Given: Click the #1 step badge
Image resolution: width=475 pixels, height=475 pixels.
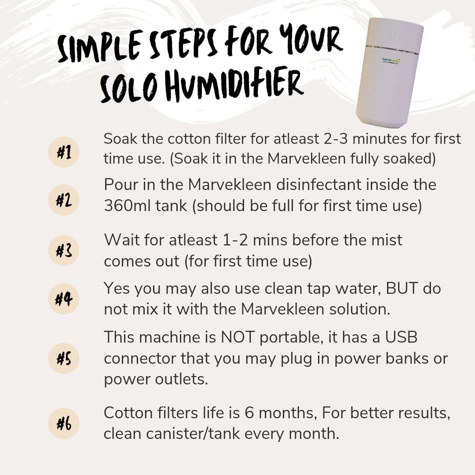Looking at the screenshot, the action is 64,152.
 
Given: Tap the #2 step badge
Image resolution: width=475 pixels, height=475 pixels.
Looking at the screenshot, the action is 64,200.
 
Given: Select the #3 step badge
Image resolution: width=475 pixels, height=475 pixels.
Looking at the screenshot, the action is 64,251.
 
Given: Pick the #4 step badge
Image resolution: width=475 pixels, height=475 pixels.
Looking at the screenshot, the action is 64,299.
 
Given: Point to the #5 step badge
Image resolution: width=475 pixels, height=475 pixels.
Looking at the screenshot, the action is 64,358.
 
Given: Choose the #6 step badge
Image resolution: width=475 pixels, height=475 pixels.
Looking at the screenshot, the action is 64,423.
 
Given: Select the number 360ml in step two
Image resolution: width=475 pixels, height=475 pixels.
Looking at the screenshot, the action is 127,206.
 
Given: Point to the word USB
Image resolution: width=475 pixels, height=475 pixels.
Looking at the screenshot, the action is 401,337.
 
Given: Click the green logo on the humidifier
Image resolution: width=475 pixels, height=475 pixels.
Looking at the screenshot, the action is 391,60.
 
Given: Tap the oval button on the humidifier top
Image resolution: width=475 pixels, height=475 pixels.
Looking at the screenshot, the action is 395,37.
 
